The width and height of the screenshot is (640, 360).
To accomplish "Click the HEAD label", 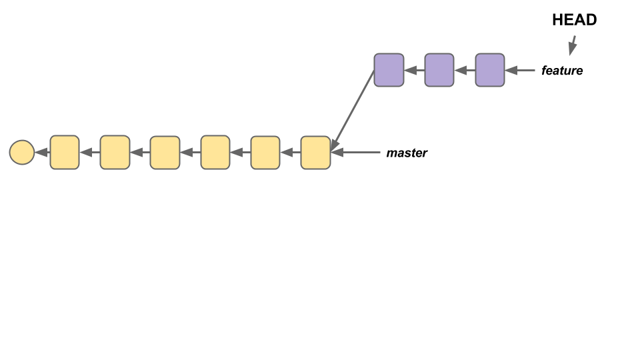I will click(574, 20).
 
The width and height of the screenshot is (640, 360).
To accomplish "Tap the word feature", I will click(562, 71).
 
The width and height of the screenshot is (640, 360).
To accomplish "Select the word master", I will click(407, 153).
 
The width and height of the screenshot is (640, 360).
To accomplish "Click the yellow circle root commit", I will click(22, 153).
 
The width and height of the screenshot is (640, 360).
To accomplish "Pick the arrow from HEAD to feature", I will click(572, 45).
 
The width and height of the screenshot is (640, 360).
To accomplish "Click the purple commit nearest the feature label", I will click(490, 70).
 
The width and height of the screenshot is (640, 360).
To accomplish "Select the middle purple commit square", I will click(439, 70).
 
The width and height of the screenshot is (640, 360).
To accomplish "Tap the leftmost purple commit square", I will click(389, 70).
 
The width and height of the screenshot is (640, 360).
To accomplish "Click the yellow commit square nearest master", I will click(315, 153).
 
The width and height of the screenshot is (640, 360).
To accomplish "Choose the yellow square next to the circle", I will click(65, 153).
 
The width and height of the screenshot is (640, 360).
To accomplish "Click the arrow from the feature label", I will click(521, 70).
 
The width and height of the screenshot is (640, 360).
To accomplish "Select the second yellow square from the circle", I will click(115, 153).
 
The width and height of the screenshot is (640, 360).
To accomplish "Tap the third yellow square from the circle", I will click(165, 153).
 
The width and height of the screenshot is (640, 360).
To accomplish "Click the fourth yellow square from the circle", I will click(215, 153).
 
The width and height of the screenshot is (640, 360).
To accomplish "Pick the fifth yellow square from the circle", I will click(265, 153).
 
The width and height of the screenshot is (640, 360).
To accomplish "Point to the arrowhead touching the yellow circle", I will click(41, 153).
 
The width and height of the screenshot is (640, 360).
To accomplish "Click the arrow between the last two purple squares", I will click(465, 70).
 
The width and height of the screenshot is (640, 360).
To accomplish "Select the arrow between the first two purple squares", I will click(414, 70).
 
